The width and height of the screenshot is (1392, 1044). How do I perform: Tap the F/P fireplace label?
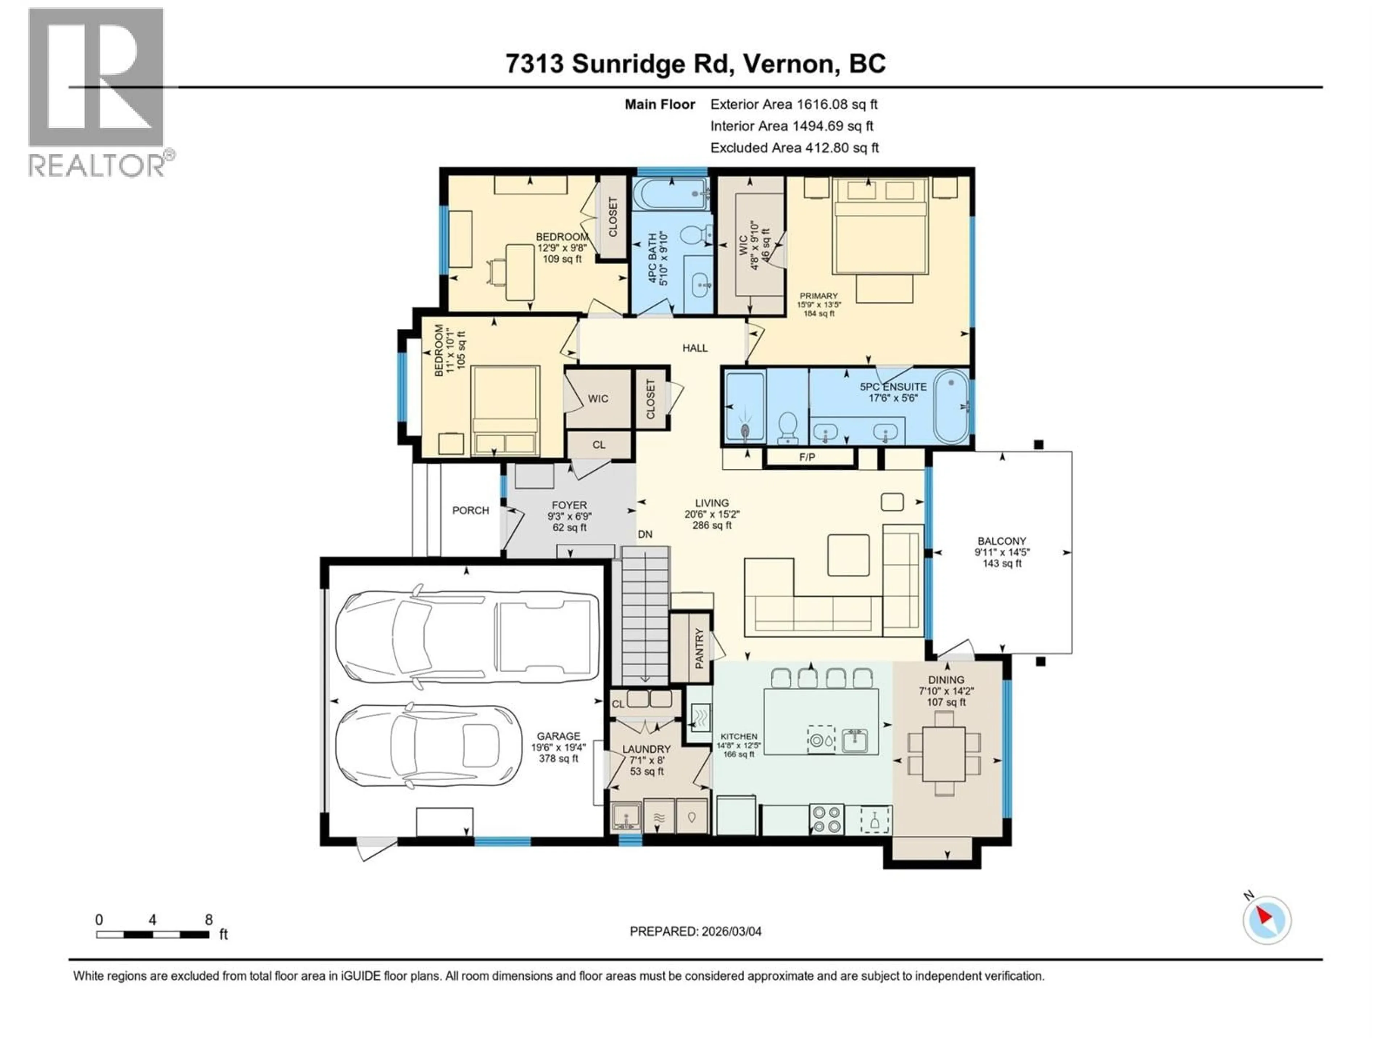point(807,457)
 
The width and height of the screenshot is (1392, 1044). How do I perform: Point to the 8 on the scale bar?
point(209,920)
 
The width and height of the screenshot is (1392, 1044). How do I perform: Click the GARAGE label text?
point(558,736)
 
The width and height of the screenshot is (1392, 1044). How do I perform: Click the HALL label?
point(695,348)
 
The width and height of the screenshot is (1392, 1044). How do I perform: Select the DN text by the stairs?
point(645,534)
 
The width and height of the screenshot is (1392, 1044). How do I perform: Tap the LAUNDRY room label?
point(646,749)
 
